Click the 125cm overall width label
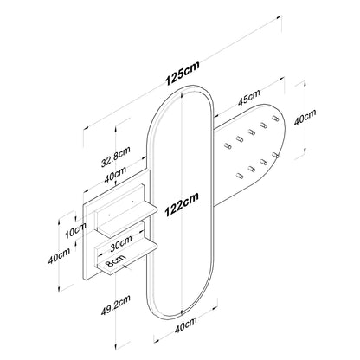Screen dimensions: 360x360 182,74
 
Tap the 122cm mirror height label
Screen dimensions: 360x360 182,204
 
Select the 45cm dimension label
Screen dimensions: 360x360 249,98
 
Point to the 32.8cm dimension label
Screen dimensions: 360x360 116,157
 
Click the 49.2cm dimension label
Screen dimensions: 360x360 116,305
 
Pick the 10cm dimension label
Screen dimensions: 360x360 75,230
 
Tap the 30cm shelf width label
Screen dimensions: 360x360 121,243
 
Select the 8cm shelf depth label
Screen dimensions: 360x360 115,260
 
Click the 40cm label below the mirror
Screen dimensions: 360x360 186,325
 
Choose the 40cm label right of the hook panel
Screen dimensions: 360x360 305,117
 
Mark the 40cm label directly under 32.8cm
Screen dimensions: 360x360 115,174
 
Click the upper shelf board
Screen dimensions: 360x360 128,219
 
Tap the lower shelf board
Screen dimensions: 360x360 127,257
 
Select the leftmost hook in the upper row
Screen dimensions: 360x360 228,145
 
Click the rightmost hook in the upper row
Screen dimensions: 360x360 275,119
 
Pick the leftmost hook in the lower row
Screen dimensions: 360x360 240,176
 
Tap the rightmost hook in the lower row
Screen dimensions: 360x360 275,155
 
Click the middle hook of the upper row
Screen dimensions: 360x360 251,132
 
